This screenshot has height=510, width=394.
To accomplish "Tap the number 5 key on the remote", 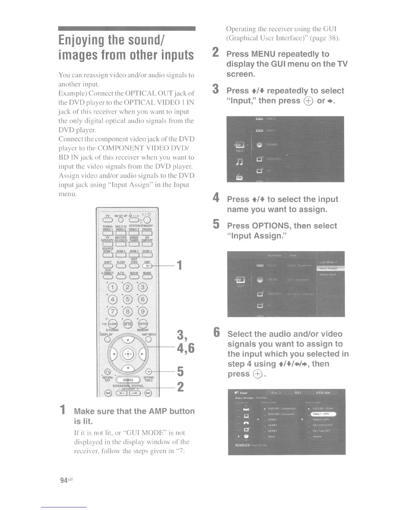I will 128,300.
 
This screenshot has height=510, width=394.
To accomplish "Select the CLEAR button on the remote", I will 113,324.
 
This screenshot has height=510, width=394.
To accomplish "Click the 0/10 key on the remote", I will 128,324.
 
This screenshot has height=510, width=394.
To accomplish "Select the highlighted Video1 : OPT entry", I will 323,414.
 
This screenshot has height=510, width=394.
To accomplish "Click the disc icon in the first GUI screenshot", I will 260,145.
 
